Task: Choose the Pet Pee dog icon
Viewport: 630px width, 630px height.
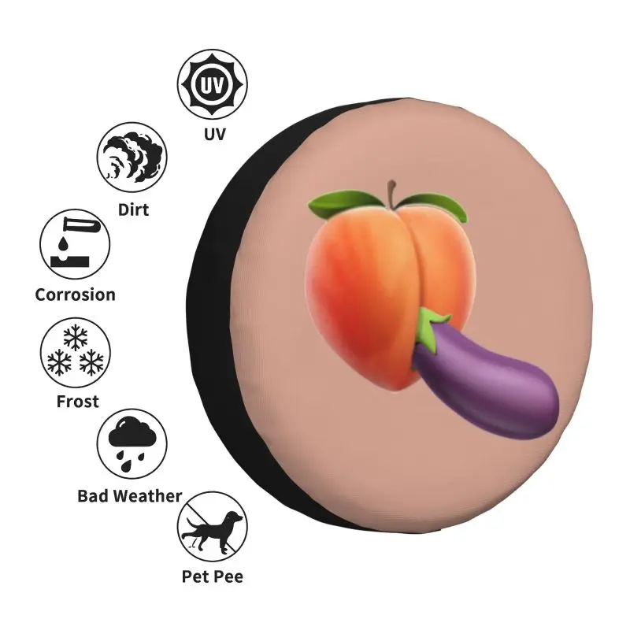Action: [212, 527]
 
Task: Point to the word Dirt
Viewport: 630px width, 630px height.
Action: [133, 209]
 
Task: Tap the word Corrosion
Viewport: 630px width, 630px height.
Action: [76, 295]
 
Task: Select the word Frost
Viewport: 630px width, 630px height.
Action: [77, 402]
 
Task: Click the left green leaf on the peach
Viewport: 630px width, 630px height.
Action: [324, 206]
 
